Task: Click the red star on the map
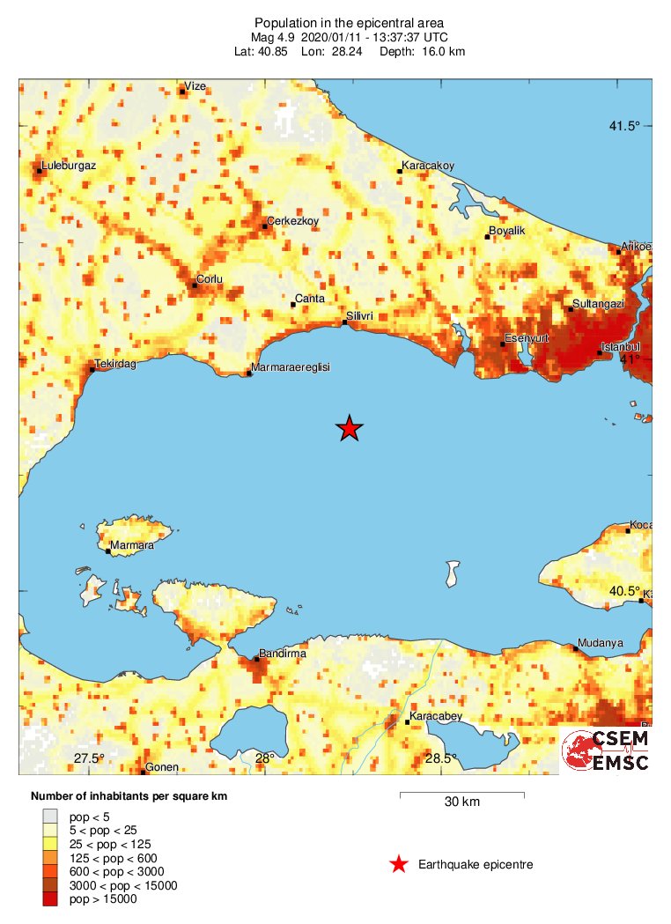350,428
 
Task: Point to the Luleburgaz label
69,165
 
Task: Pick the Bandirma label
283,654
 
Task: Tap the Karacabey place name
436,717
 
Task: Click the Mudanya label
601,643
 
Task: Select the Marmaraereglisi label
290,367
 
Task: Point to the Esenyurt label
526,338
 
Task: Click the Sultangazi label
598,304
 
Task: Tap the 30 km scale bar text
461,802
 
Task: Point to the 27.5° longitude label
89,758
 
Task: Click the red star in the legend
399,865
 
